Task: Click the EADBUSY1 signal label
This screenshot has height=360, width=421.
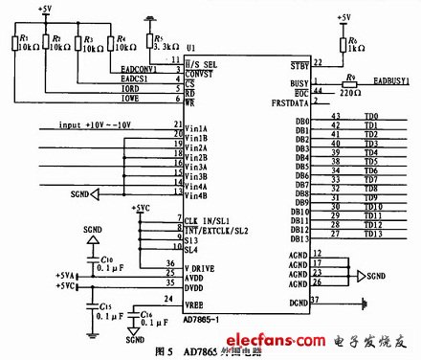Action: pos(389,83)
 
